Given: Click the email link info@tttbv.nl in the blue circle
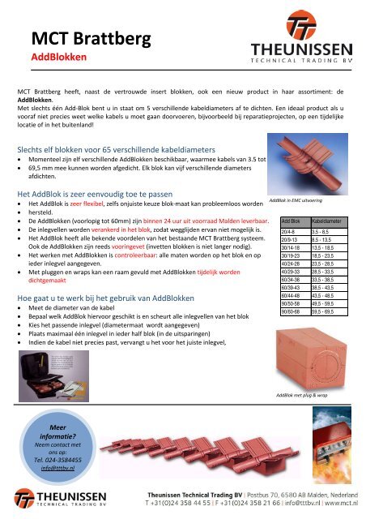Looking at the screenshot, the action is pos(56,468).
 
